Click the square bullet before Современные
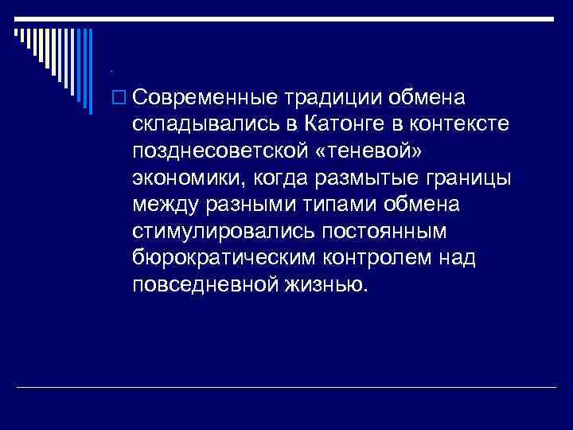(x=119, y=98)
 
